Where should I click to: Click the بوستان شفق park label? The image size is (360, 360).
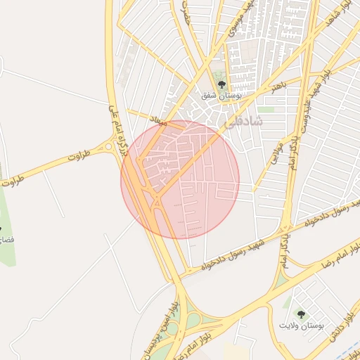[222, 94]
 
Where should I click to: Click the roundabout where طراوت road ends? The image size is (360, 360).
[108, 147]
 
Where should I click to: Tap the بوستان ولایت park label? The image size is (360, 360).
[302, 325]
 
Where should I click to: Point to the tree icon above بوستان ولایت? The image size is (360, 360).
[302, 314]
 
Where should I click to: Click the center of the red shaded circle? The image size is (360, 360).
[180, 179]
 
